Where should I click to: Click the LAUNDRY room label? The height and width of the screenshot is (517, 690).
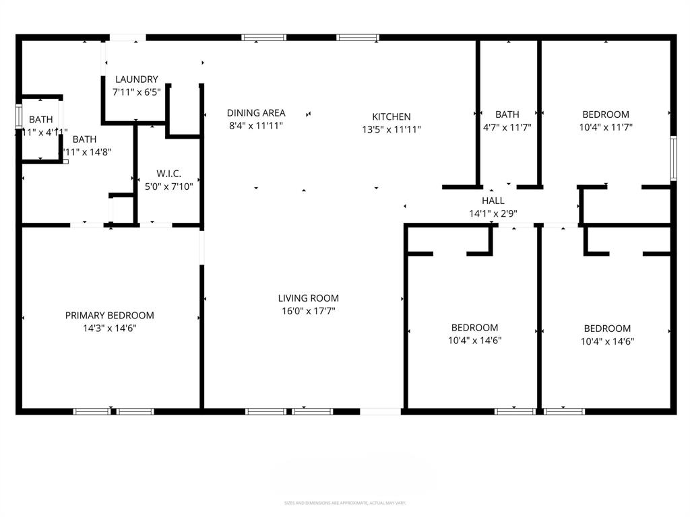(x=136, y=79)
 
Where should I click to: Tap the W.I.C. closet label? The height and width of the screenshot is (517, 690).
(x=168, y=174)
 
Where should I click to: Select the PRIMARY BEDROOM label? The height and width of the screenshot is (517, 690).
(x=109, y=315)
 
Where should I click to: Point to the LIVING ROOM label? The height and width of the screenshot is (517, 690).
(x=309, y=298)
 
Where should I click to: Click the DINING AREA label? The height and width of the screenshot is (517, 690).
(x=256, y=113)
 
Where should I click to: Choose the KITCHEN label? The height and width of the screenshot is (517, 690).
(x=391, y=116)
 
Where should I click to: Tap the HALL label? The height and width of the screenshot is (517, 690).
(x=493, y=201)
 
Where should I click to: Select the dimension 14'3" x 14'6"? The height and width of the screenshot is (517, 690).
(x=109, y=329)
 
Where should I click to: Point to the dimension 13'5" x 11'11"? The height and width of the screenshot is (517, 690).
(x=391, y=129)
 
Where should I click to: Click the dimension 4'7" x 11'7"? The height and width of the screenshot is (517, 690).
(x=507, y=127)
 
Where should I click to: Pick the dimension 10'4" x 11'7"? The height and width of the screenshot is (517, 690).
(x=606, y=127)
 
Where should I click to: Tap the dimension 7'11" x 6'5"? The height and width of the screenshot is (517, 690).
(x=136, y=92)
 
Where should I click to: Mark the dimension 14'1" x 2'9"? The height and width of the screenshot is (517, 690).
(x=493, y=213)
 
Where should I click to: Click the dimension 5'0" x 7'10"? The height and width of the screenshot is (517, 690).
(x=168, y=186)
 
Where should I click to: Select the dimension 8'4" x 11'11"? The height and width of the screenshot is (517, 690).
(x=256, y=125)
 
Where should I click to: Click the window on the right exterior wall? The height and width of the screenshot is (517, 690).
(x=672, y=159)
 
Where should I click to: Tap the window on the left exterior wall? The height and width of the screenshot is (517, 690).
(x=19, y=116)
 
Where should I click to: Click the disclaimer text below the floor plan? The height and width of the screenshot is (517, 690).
(x=344, y=503)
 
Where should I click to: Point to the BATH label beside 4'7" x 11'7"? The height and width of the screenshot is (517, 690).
(x=507, y=114)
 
